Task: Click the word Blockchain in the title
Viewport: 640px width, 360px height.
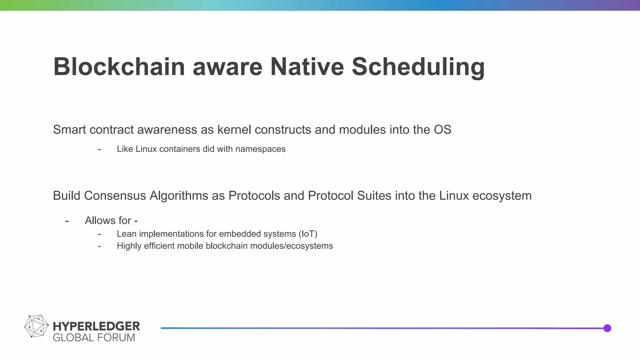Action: pos(119,67)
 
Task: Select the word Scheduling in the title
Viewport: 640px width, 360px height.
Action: pos(418,67)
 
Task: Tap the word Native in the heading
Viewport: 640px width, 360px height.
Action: pos(307,67)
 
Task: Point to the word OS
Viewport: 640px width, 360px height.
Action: pos(442,130)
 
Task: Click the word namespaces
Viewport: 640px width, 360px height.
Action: pos(260,149)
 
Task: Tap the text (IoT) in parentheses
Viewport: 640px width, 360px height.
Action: pos(308,234)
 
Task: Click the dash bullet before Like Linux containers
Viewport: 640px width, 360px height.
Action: pos(99,149)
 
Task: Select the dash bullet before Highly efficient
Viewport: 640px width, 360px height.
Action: pos(99,246)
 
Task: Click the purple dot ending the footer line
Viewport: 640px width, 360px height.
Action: pos(607,328)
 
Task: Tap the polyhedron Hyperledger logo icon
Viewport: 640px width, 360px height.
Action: pos(36,326)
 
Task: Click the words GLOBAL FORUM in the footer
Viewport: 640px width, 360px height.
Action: pos(94,338)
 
